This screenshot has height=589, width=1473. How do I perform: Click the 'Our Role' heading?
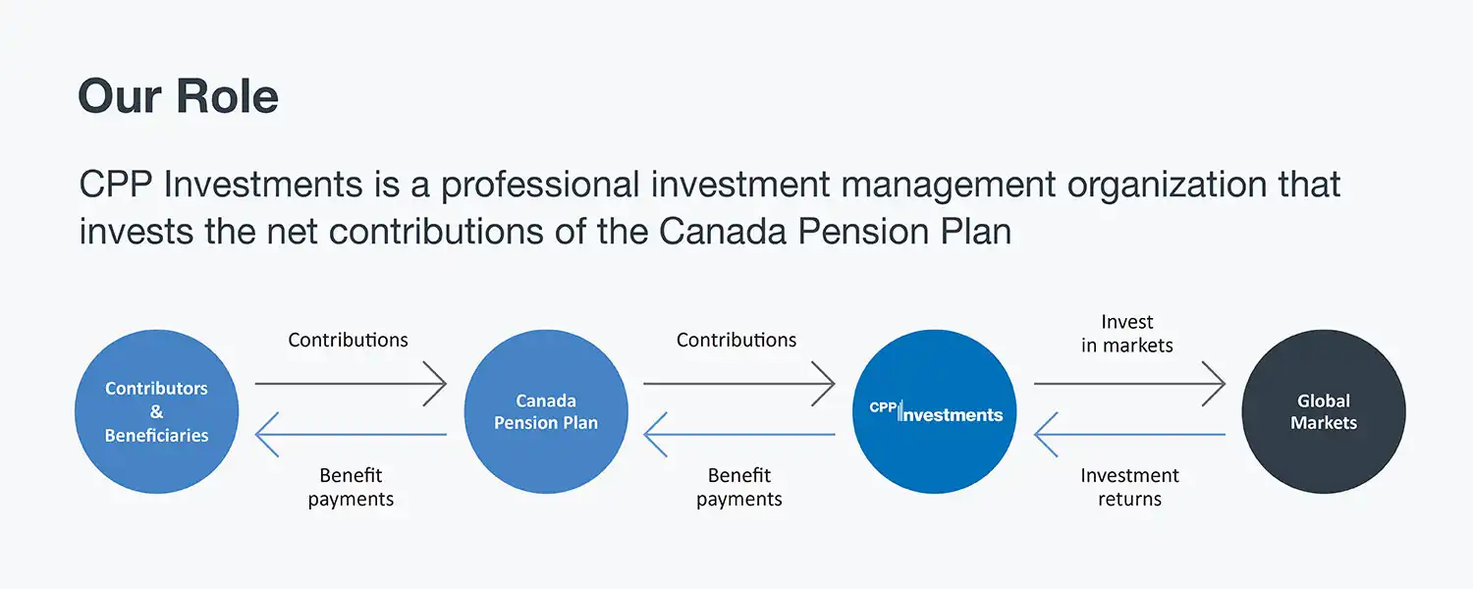178,96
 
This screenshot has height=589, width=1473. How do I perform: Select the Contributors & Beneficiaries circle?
156,411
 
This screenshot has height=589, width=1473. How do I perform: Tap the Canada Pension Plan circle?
545,411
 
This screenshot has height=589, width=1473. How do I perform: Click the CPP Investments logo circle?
934,411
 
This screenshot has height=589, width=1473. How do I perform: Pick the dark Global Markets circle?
1323,411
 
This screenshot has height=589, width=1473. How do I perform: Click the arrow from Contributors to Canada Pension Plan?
351,383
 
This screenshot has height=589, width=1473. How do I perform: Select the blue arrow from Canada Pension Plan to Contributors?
351,434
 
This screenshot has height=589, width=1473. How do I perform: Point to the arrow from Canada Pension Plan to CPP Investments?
739,383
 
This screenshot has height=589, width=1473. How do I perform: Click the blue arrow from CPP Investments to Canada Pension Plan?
739,434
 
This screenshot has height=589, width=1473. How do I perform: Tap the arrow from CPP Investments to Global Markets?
1129,383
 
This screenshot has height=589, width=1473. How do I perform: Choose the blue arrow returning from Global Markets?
1129,434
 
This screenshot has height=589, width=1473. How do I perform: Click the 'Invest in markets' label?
1127,334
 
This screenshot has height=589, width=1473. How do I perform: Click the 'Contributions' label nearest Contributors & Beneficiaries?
348,341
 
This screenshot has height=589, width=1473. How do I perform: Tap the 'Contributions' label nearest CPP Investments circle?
736,341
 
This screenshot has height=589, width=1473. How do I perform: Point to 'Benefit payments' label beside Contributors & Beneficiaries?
351,487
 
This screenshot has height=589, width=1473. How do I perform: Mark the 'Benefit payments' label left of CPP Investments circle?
739,487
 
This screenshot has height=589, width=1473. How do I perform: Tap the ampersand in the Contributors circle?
156,412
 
